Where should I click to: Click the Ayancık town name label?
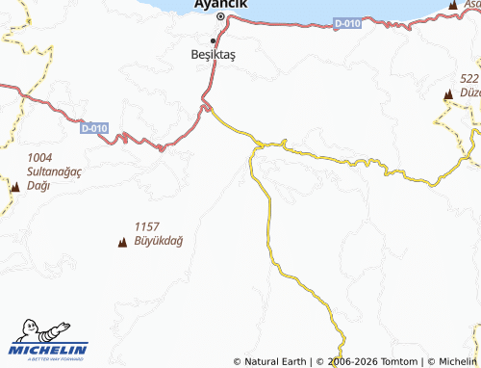point(220,4)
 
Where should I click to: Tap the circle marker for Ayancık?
point(220,17)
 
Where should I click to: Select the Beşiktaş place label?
point(213,55)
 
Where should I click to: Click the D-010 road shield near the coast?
point(347,22)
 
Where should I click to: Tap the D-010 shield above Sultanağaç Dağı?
point(93,126)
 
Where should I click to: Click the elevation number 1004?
point(40,157)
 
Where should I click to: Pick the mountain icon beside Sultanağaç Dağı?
point(14,187)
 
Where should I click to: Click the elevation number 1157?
point(147,225)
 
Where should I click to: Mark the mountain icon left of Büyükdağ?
point(122,242)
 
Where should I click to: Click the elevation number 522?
point(469,79)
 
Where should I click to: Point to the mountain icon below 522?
point(448,94)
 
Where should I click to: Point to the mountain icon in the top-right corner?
point(452,6)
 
